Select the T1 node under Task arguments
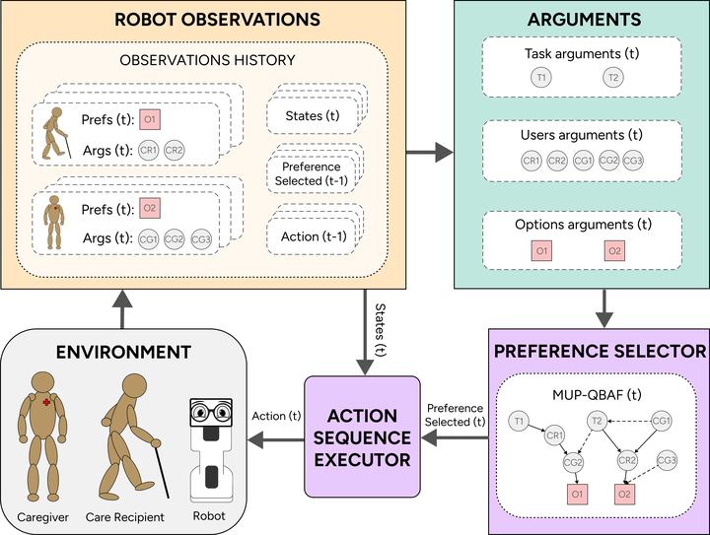(x=539, y=77)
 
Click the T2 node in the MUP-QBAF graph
(x=597, y=421)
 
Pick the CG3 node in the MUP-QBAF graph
(x=668, y=459)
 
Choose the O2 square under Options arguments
(x=614, y=251)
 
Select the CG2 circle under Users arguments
(x=608, y=161)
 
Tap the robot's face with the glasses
(x=208, y=413)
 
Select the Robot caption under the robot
(x=208, y=515)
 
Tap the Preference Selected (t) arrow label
(x=455, y=415)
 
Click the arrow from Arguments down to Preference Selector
(x=603, y=308)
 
